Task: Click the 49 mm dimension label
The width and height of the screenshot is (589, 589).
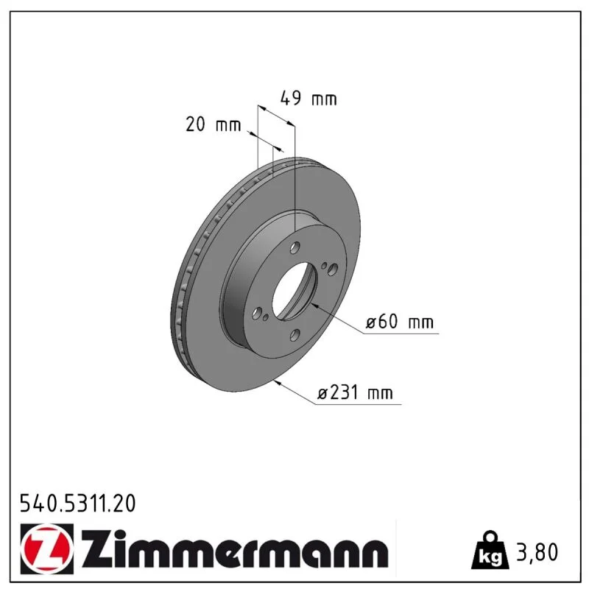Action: (308, 99)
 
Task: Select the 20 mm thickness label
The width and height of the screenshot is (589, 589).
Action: (213, 124)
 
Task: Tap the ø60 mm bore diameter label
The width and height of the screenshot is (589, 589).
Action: (400, 322)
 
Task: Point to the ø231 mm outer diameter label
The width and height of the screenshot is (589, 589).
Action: (355, 393)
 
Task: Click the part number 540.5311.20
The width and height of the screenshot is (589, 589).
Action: (78, 504)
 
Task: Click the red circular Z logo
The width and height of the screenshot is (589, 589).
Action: (47, 549)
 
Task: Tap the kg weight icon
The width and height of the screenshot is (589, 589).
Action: (490, 551)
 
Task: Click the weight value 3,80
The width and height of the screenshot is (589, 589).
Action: (537, 552)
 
